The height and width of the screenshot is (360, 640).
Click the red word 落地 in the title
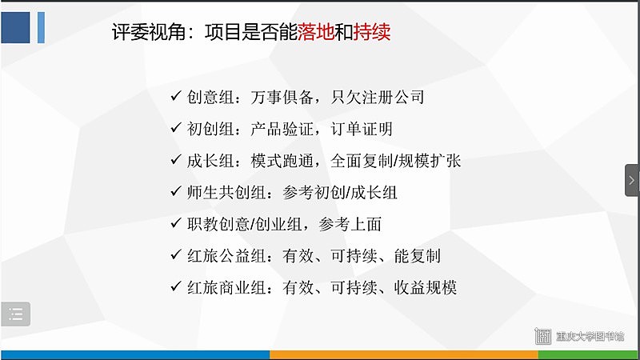click(x=315, y=32)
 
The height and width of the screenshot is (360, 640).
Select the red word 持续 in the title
click(x=372, y=32)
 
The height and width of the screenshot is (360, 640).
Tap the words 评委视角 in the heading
click(x=149, y=32)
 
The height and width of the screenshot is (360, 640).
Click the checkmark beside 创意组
click(x=176, y=96)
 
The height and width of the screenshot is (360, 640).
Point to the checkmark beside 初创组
click(x=176, y=128)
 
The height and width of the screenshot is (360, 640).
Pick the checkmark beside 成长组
click(x=176, y=159)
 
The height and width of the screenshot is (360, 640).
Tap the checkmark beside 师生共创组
click(x=176, y=191)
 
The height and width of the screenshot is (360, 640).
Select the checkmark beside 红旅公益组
click(x=176, y=254)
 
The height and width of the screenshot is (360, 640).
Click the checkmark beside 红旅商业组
click(x=176, y=286)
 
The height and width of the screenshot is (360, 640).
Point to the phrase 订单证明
click(x=362, y=129)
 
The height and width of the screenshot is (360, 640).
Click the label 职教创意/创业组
click(x=244, y=224)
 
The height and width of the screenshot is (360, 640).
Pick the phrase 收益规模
click(x=425, y=288)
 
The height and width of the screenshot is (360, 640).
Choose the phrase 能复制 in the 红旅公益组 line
click(x=417, y=256)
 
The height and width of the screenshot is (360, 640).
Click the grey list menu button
click(x=15, y=314)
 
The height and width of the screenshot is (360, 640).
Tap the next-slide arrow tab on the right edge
click(x=632, y=180)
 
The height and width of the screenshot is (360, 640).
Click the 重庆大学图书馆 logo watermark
click(x=579, y=336)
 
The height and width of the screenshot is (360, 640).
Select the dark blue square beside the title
click(x=15, y=27)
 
